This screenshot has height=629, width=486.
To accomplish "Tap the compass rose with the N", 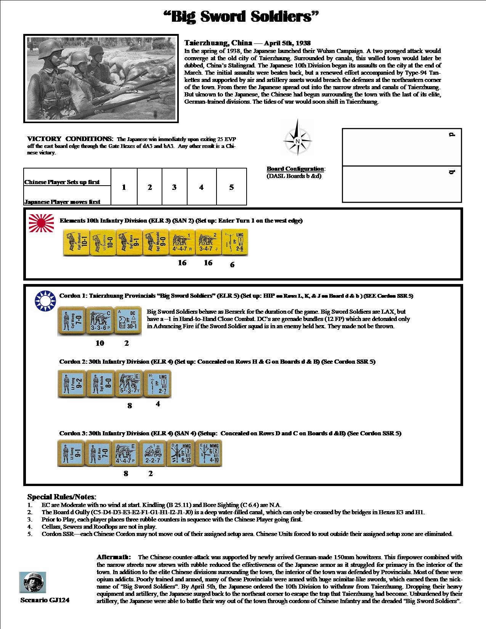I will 297,138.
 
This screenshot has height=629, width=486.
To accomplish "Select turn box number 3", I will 174,187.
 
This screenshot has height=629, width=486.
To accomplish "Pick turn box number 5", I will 231,187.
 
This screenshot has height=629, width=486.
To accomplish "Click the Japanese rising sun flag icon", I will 39,223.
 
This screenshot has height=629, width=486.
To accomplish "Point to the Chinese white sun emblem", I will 45,299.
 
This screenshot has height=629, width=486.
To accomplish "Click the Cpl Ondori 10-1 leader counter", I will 76,242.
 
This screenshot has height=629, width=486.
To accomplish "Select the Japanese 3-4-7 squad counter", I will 208,242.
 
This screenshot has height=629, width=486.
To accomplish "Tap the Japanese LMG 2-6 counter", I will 234,242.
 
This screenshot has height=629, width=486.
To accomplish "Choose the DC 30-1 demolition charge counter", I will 128,322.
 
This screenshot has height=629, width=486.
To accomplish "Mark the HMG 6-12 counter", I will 181,454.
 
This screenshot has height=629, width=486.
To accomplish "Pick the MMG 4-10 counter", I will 208,454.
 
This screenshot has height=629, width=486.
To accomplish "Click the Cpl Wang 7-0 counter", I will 71,322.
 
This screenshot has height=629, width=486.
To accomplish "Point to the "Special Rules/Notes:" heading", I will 62,497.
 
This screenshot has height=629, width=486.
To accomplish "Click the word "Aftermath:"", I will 114,557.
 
